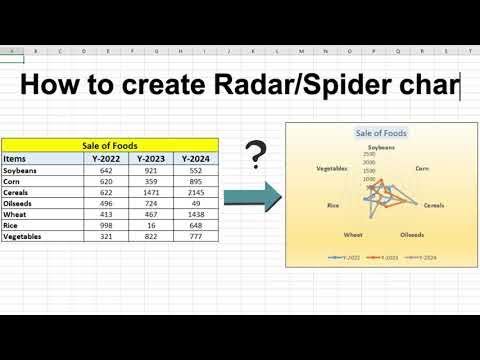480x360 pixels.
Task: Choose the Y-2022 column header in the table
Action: click(107, 158)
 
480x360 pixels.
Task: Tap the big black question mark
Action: click(257, 155)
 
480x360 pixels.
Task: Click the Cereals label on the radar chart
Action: click(434, 205)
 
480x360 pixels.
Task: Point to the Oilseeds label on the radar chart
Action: click(412, 235)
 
